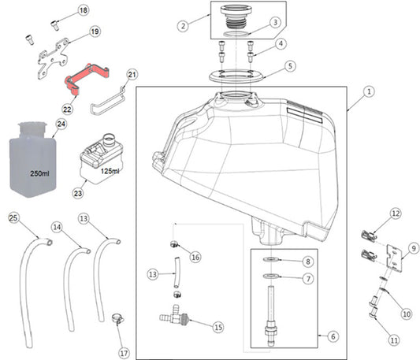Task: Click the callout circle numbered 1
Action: (x=370, y=91)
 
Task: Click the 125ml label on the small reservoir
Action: (x=110, y=170)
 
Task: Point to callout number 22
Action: (x=68, y=109)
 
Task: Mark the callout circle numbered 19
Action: (x=95, y=32)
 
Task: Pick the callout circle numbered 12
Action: (x=396, y=213)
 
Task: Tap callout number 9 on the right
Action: (x=413, y=247)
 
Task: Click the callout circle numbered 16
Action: (x=195, y=257)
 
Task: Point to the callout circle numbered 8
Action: (x=307, y=261)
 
